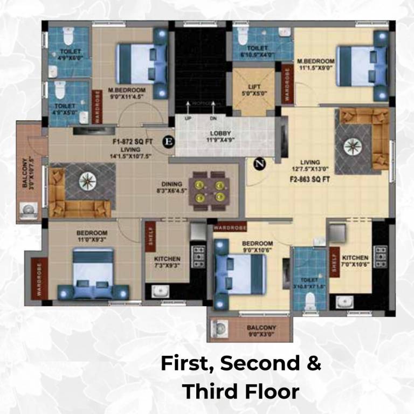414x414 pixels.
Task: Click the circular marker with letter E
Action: point(169,141)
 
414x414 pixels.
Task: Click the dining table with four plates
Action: point(210,187)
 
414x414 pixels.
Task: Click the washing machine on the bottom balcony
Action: point(219,329)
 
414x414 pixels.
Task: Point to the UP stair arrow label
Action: point(188,118)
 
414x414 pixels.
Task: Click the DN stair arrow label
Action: point(213,118)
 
